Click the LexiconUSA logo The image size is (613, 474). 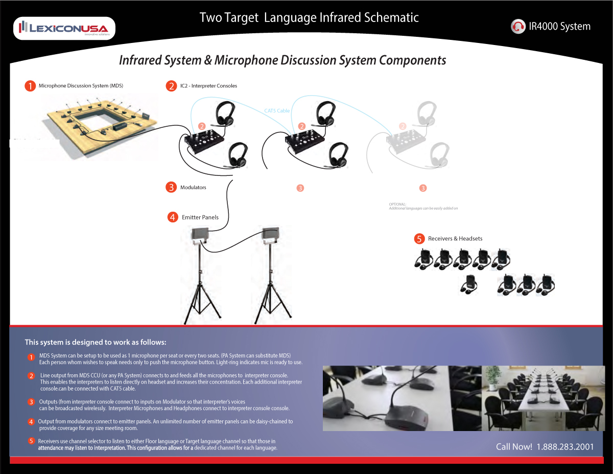click(x=64, y=28)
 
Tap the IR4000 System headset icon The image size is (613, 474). click(x=518, y=27)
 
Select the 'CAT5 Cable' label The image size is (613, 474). click(x=277, y=110)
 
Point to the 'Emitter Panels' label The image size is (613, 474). click(x=200, y=217)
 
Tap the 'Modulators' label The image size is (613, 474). click(x=193, y=188)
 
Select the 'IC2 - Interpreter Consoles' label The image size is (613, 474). click(x=208, y=86)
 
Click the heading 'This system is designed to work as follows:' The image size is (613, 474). click(x=96, y=342)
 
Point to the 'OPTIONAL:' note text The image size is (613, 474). click(x=397, y=204)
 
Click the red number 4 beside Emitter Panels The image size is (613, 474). click(x=173, y=217)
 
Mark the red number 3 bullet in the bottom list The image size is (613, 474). click(x=31, y=402)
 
